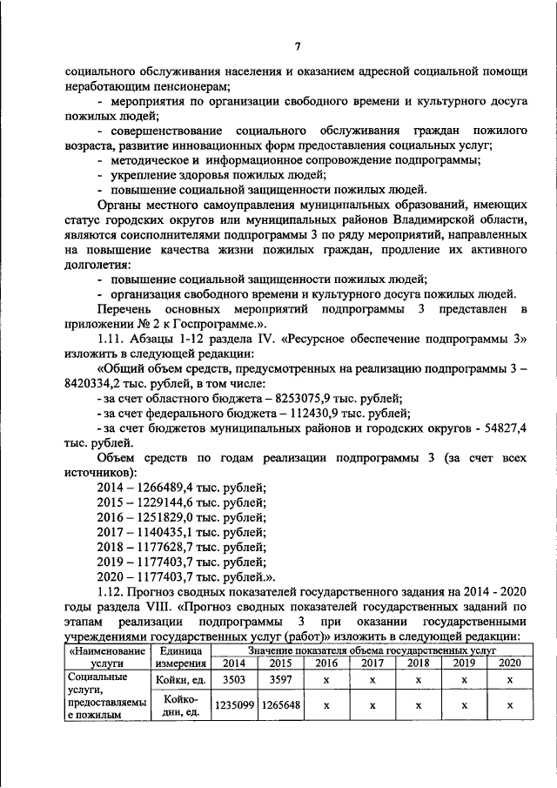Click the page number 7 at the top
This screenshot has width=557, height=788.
click(297, 46)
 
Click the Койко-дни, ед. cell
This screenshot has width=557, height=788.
click(178, 706)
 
